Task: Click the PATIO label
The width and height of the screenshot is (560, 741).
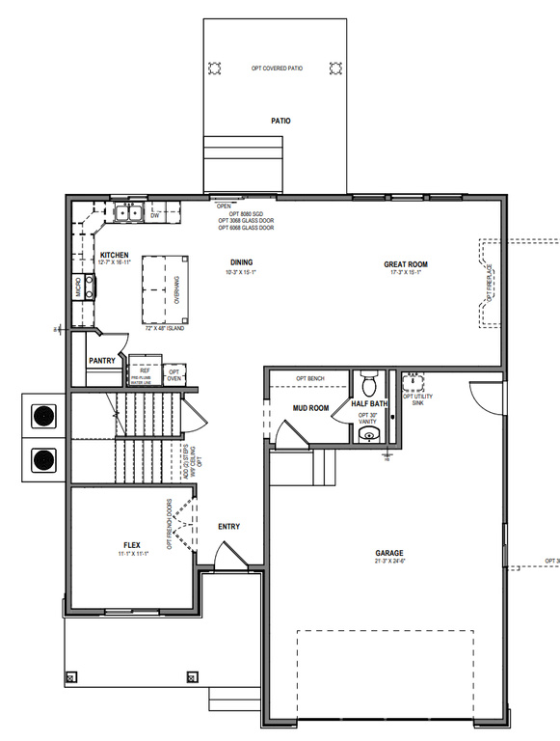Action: tap(280, 122)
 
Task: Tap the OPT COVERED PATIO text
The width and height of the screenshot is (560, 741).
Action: tap(277, 69)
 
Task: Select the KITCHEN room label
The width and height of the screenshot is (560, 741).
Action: tap(115, 255)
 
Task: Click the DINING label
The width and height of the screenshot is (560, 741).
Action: tap(242, 262)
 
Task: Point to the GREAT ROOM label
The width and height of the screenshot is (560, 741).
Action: tap(405, 263)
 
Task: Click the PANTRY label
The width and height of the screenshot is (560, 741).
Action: tap(102, 361)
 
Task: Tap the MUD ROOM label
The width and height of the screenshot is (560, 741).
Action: tap(310, 408)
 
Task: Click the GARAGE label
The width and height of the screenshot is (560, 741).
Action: tap(389, 554)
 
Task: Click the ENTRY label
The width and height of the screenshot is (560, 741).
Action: tap(228, 526)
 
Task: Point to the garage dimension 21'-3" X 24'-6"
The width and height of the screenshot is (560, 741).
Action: tap(389, 563)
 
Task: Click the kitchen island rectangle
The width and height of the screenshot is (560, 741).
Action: tap(162, 287)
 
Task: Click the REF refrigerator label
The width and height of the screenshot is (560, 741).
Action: tap(145, 370)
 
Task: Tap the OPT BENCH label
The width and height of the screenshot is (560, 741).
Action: tap(310, 378)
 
